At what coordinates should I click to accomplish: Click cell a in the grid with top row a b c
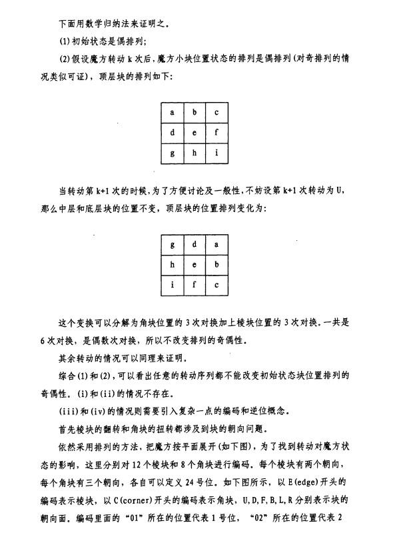pyautogui.click(x=173, y=112)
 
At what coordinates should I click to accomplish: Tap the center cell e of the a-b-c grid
pyautogui.click(x=195, y=132)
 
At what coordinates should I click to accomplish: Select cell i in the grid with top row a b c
pyautogui.click(x=216, y=153)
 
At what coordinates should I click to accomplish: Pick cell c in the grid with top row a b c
pyautogui.click(x=216, y=112)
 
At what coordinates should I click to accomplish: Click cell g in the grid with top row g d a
pyautogui.click(x=173, y=244)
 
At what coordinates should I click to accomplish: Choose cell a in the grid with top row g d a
pyautogui.click(x=216, y=244)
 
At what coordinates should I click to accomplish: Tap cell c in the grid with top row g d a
pyautogui.click(x=216, y=286)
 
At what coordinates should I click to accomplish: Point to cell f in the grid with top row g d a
pyautogui.click(x=195, y=286)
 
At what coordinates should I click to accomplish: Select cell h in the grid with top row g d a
pyautogui.click(x=173, y=265)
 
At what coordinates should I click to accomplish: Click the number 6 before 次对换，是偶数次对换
pyautogui.click(x=43, y=340)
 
